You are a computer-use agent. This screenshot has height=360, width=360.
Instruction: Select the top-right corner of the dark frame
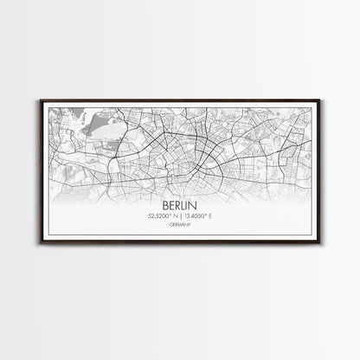321,100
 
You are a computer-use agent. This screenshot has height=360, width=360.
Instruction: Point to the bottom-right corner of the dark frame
321,260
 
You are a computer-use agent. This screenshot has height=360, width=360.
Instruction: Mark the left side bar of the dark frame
39,180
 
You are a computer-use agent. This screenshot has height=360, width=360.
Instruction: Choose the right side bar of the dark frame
321,180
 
